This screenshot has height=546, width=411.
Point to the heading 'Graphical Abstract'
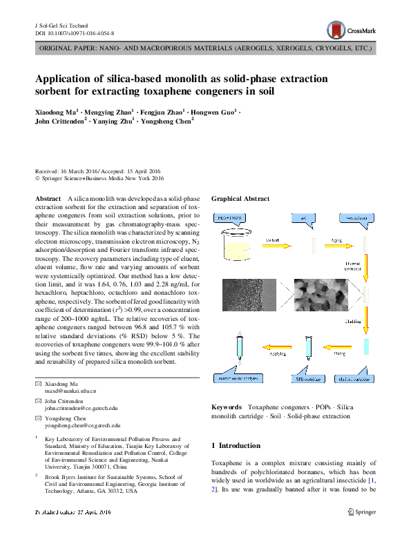click(x=240, y=199)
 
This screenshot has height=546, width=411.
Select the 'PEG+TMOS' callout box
click(x=232, y=218)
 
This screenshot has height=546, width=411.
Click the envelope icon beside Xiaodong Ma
click(x=38, y=383)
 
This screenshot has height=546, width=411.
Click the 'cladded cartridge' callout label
click(x=356, y=379)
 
